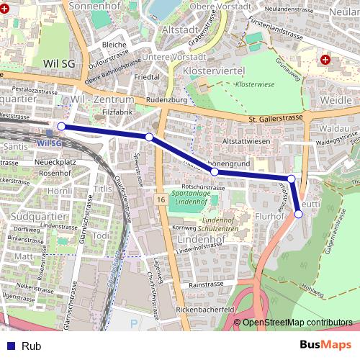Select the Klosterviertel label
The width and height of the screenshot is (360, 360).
click(215, 71)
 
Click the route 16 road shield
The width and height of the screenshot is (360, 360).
click(160, 198)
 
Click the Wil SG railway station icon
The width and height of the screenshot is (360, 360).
click(49, 132)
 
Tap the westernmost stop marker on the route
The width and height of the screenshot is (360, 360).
click(61, 127)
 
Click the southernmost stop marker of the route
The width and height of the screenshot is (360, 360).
click(299, 213)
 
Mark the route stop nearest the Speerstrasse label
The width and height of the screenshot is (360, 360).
click(149, 137)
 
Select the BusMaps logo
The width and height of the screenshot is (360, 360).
click(325, 346)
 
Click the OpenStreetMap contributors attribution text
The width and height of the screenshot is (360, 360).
click(297, 323)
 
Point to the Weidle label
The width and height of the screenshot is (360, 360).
click(337, 99)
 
